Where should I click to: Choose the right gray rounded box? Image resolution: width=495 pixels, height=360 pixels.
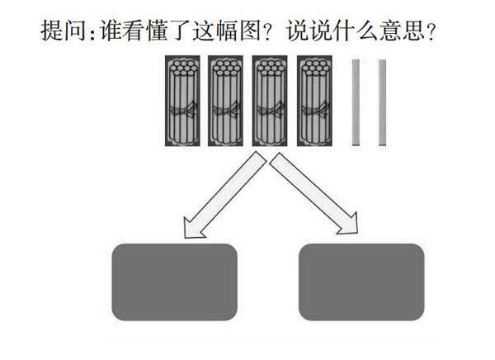click(x=361, y=282)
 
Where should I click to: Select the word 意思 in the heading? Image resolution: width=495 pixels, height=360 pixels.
click(x=399, y=33)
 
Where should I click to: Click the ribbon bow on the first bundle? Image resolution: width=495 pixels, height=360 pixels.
click(x=183, y=111)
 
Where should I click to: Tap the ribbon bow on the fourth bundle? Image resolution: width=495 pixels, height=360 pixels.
click(x=313, y=111)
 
